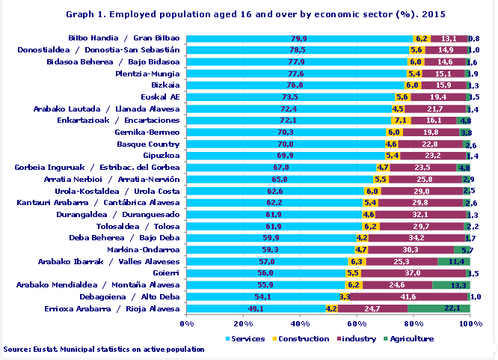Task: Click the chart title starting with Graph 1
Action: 248,13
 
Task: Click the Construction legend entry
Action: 303,339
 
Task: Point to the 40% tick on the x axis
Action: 300,323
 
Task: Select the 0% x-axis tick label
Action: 187,323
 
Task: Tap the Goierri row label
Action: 165,273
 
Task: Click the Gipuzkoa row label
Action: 161,156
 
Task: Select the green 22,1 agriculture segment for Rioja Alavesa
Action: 438,308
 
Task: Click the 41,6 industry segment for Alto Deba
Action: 408,297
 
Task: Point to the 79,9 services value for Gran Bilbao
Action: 298,38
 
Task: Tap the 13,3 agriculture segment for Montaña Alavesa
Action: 451,285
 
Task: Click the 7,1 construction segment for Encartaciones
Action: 400,120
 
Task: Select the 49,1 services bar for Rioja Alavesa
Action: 256,308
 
